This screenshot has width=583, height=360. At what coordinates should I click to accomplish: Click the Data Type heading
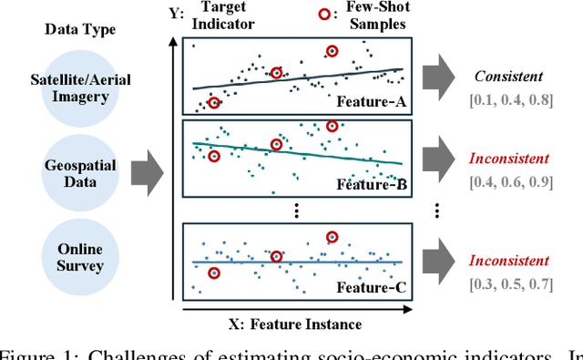pos(80,29)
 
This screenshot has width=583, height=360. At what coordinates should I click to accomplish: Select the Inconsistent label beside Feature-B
pos(509,159)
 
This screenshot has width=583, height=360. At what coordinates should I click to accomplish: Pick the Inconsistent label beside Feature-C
pos(509,261)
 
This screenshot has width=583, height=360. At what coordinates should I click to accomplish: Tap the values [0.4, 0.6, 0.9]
pos(509,181)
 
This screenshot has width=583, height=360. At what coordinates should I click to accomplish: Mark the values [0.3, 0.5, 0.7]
pos(509,283)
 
